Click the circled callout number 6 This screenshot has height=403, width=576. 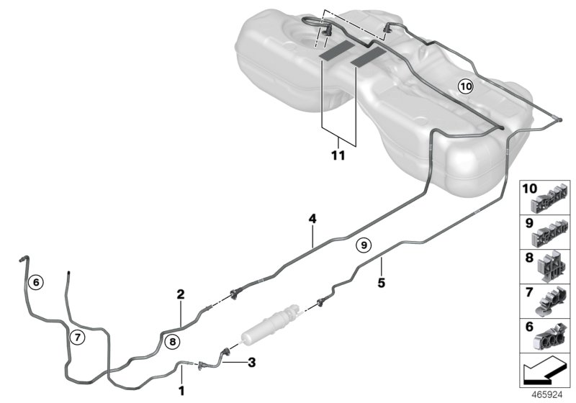click(36, 282)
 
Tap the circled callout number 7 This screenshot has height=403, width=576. click(77, 336)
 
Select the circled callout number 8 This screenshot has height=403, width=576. click(171, 342)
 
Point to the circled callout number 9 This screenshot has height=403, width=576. click(364, 245)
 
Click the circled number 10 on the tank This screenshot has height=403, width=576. click(465, 86)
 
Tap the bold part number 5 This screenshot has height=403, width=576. click(382, 283)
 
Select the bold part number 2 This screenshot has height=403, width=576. click(181, 294)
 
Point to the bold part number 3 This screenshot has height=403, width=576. click(251, 363)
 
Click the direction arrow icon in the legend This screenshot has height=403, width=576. click(545, 373)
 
